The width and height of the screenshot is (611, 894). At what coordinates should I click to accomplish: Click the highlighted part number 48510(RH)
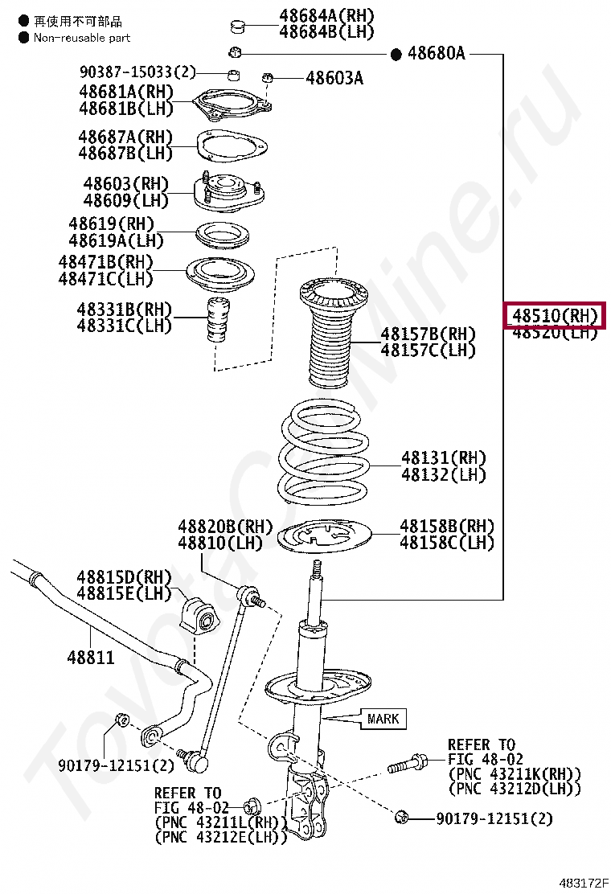click(553, 316)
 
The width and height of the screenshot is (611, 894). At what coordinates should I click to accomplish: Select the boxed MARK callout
click(383, 718)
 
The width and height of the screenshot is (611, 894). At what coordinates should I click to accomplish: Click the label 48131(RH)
click(444, 458)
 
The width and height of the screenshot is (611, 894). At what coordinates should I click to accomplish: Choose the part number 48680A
click(437, 54)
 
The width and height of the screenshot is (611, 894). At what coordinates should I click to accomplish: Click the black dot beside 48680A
click(396, 54)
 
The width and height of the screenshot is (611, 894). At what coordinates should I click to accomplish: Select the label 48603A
click(334, 78)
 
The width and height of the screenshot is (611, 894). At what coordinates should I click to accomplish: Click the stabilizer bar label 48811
click(91, 658)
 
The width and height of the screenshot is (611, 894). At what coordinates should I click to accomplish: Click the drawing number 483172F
click(584, 882)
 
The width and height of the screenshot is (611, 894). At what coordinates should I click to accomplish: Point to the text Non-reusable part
click(81, 38)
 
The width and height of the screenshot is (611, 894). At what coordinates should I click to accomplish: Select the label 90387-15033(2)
click(137, 72)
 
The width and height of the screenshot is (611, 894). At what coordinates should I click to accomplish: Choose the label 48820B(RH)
click(226, 527)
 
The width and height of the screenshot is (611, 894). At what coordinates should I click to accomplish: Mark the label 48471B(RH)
click(105, 262)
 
